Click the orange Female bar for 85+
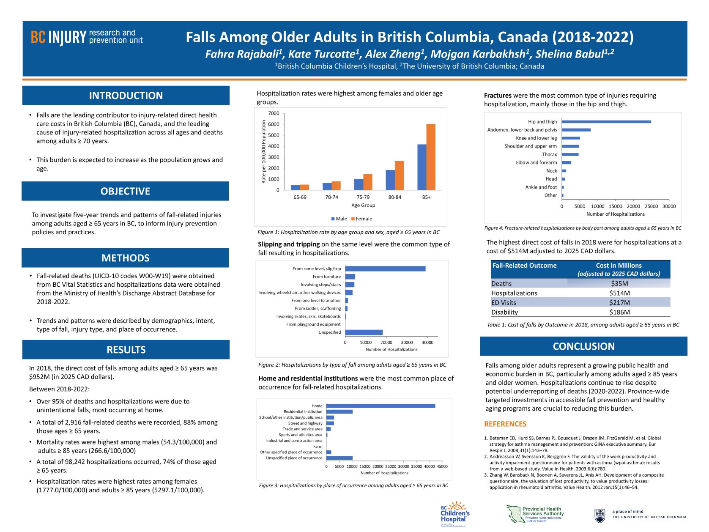430,156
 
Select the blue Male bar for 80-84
390,180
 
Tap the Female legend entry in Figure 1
361,219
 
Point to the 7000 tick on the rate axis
274,113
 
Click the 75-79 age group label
363,197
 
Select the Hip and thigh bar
606,122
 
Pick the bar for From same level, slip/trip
385,269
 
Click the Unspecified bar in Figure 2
364,332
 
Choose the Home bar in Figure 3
381,406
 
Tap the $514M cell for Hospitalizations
619,293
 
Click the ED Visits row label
503,303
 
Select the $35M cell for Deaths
619,284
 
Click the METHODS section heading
125,258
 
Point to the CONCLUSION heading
583,346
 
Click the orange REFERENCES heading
505,424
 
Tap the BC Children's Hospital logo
455,513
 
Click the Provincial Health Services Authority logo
534,514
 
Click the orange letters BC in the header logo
38,37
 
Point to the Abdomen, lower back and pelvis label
522,130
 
